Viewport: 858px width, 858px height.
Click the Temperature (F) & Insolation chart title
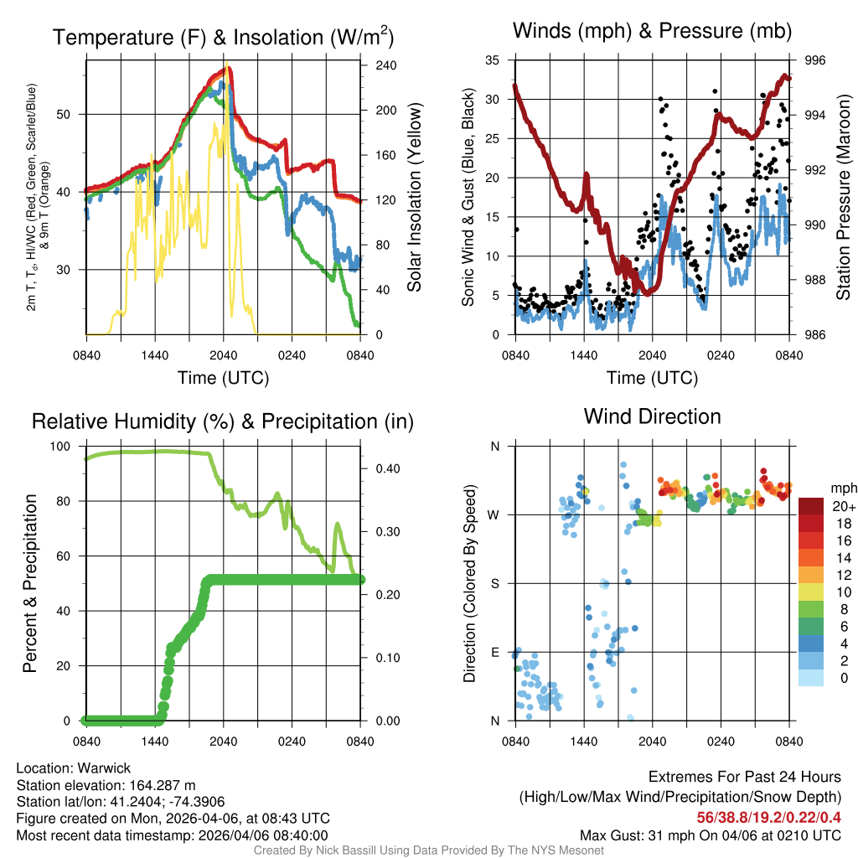click(x=223, y=38)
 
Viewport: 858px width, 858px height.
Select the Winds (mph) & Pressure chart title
click(x=652, y=32)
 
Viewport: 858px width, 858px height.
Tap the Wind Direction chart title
click(x=652, y=416)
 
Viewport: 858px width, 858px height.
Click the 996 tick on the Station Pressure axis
click(x=814, y=60)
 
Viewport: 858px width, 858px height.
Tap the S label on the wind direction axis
click(x=495, y=583)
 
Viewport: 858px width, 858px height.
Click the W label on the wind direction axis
click(x=494, y=514)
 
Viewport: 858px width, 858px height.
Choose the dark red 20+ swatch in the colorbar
click(x=811, y=506)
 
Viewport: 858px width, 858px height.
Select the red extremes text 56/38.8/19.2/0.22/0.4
click(x=768, y=817)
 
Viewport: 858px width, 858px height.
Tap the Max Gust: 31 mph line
click(x=710, y=835)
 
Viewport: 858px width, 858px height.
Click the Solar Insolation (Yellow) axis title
click(x=414, y=197)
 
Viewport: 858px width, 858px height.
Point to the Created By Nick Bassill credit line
click(x=428, y=850)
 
